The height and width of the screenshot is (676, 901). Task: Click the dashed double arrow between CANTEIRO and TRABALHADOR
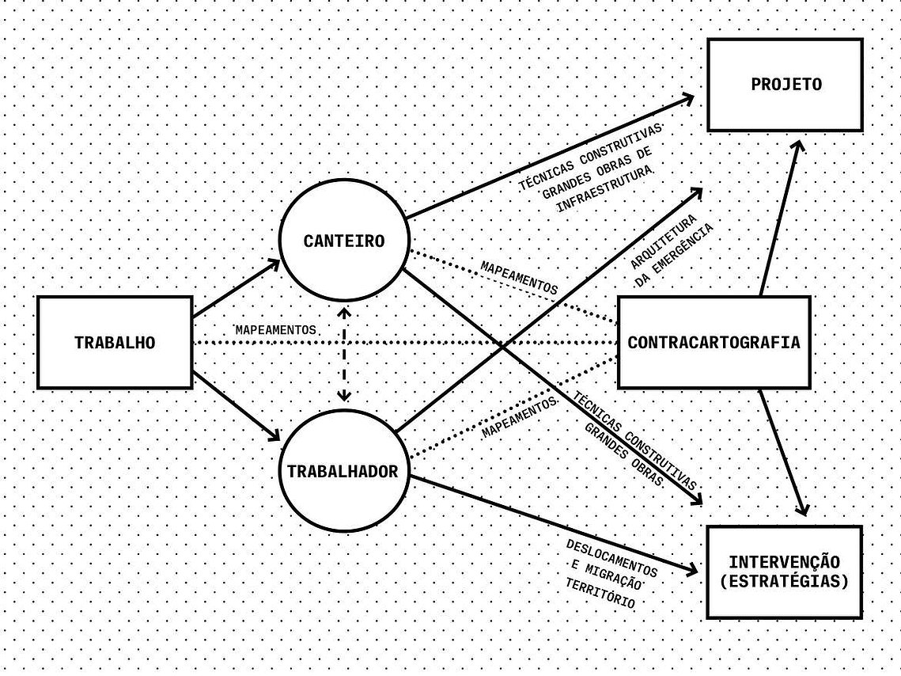(343, 355)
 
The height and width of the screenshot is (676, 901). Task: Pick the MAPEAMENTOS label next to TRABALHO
(276, 330)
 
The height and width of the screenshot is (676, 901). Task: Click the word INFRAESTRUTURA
(606, 189)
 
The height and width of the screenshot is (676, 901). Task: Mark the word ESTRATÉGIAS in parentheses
(785, 581)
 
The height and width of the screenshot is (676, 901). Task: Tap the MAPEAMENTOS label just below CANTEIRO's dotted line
(519, 278)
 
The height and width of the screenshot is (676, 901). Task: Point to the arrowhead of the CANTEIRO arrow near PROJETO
(687, 99)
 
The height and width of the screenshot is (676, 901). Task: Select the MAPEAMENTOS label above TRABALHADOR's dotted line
(520, 416)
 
